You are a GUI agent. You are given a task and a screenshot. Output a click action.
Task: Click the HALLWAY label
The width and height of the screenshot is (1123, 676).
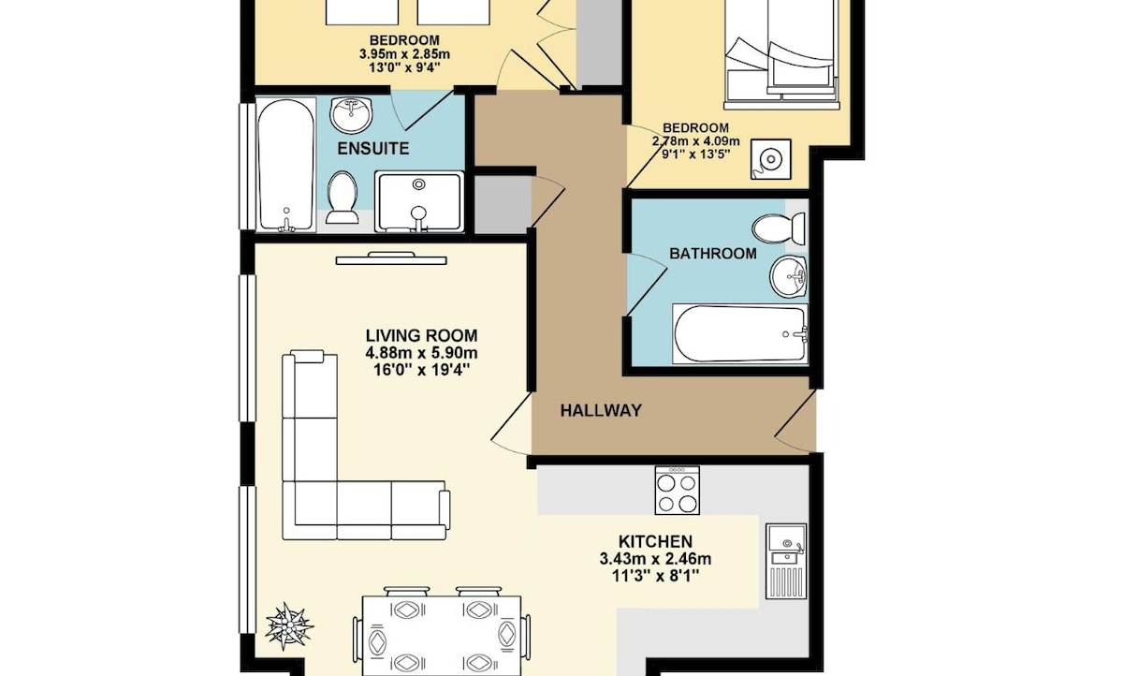(601, 411)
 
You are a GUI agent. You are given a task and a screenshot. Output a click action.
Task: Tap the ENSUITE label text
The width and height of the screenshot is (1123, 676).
(373, 149)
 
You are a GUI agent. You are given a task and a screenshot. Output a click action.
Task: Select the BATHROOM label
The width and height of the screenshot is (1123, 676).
(713, 253)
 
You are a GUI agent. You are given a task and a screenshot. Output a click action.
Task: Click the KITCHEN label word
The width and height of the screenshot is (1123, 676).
(655, 541)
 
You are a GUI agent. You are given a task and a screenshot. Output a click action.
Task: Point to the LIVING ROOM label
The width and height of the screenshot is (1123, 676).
(421, 335)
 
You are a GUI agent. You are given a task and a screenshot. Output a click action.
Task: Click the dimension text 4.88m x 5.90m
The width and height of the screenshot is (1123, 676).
(421, 353)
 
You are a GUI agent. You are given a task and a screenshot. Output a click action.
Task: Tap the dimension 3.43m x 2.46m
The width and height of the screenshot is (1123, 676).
(655, 559)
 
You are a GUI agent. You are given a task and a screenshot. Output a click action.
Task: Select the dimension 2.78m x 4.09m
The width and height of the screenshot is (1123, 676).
(696, 141)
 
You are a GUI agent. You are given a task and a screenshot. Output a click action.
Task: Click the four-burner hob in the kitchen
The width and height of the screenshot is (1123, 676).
(677, 490)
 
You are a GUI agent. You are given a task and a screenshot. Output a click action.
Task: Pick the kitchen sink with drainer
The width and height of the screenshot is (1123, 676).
(786, 561)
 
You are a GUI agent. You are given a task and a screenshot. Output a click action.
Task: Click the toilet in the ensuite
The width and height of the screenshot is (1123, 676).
(342, 198)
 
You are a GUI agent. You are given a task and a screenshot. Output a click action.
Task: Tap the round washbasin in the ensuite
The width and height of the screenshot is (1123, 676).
(351, 115)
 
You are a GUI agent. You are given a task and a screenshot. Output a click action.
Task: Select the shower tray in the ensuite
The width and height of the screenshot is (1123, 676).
(419, 201)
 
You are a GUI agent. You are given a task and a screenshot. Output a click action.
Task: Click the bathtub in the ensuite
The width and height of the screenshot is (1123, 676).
(285, 165)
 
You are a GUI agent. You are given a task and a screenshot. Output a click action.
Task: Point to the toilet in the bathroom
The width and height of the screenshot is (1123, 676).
(778, 228)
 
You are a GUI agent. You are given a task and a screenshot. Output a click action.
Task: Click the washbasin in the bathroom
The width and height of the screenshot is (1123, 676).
(788, 276)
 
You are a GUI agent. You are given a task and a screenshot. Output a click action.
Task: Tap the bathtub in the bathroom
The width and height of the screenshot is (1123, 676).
(740, 333)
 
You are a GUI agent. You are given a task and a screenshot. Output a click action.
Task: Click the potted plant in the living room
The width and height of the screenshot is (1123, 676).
(288, 626)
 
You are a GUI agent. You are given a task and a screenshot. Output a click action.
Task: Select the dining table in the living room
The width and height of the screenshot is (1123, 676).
(441, 636)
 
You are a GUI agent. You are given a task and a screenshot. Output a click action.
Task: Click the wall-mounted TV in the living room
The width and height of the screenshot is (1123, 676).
(391, 258)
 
